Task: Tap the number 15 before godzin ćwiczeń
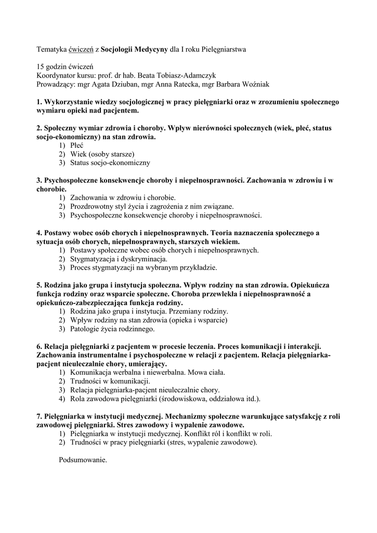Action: point(41,67)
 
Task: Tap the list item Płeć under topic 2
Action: point(77,146)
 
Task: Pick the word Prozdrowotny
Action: point(93,206)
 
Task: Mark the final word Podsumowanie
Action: point(83,460)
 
